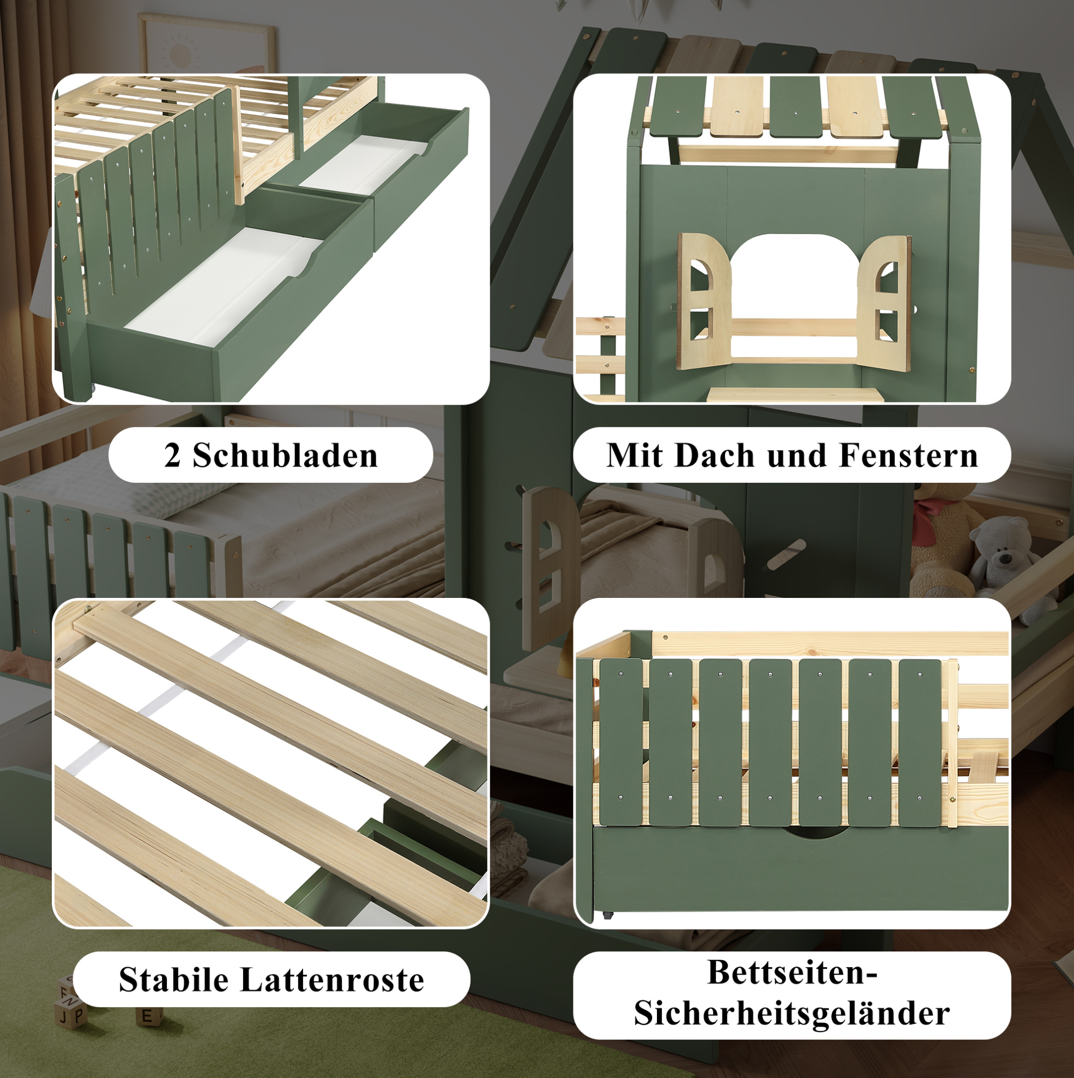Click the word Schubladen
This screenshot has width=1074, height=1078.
[285, 456]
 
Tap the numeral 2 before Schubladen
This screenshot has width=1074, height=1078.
[172, 456]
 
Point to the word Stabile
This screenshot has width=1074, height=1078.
[173, 980]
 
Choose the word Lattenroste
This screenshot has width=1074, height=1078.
[333, 980]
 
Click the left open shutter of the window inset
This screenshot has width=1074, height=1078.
[704, 301]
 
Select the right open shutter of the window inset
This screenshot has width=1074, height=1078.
[884, 303]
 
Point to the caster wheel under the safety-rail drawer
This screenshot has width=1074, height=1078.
[607, 915]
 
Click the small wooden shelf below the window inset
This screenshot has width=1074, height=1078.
[795, 394]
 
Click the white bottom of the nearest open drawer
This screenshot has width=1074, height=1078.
[223, 288]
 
